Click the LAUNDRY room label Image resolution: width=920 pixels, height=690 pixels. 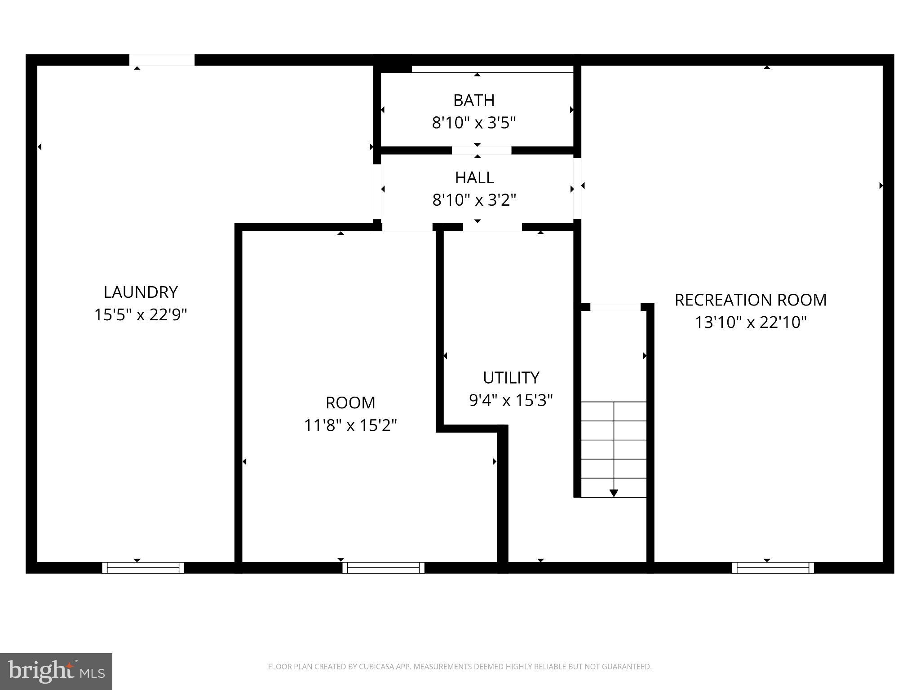[141, 292]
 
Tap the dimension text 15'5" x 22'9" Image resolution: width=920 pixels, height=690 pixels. [140, 315]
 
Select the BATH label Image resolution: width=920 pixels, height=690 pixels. [474, 101]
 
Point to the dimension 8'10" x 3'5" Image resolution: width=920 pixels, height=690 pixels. [474, 123]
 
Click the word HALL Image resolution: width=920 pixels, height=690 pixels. [474, 178]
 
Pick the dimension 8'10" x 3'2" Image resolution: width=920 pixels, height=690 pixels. [474, 200]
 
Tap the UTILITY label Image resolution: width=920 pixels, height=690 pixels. [511, 378]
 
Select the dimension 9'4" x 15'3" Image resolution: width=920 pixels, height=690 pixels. [511, 400]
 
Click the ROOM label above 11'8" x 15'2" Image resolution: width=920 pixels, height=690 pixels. [350, 403]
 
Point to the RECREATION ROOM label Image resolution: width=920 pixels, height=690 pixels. [751, 300]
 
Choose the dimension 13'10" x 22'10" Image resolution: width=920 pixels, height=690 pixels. [751, 323]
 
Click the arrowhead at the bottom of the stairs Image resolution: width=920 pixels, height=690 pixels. [614, 493]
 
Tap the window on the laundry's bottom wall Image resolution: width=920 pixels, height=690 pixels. [143, 567]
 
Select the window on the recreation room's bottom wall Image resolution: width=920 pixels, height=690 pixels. [773, 567]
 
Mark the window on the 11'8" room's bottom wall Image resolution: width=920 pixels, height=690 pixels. [383, 567]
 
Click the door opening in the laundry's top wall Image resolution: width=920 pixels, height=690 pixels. [162, 60]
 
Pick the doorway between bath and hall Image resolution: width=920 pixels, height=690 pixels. [481, 150]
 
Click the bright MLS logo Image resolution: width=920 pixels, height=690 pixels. [56, 671]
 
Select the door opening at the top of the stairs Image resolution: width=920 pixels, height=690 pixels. [615, 307]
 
